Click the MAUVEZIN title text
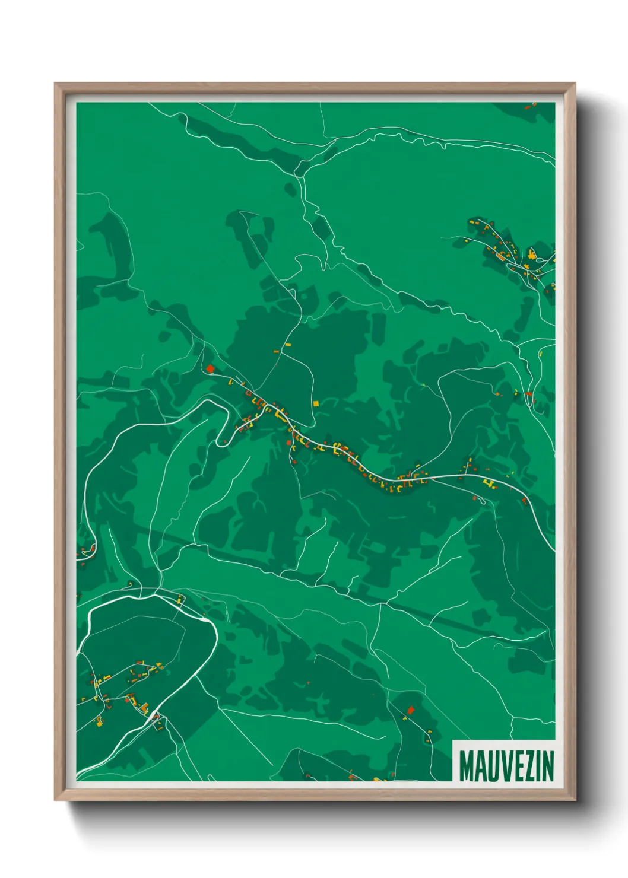(506, 766)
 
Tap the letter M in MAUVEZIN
(465, 766)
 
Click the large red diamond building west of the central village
(210, 368)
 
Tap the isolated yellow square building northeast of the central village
(316, 403)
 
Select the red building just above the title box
(410, 710)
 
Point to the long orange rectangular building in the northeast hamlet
(502, 256)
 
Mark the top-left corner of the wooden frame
(55, 84)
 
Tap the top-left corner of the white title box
(453, 740)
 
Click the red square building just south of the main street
(289, 443)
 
